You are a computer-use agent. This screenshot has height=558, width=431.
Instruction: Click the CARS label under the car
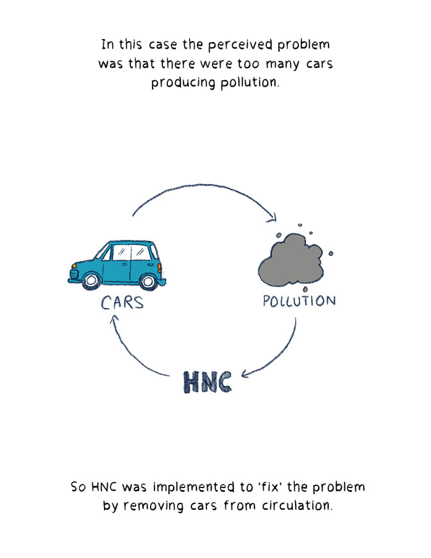point(122,302)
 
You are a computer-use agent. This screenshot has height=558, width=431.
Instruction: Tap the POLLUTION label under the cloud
point(299,300)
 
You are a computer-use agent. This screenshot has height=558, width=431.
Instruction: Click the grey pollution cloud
point(291,260)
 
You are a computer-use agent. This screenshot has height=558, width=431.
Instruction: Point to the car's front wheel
point(90,280)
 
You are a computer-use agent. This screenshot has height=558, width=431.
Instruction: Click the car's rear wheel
point(148,280)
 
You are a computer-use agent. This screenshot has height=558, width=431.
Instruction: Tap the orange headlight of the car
point(74,266)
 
